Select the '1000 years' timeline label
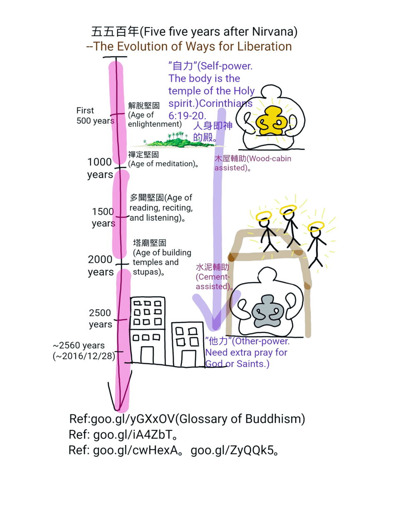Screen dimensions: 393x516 pyautogui.click(x=100, y=168)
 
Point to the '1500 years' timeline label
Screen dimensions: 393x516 pyautogui.click(x=103, y=217)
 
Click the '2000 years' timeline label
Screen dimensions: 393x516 pyautogui.click(x=101, y=266)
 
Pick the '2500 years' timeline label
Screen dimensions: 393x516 pyautogui.click(x=100, y=318)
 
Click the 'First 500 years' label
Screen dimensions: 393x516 pyautogui.click(x=95, y=116)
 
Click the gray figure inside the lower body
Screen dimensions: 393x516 pyautogui.click(x=267, y=312)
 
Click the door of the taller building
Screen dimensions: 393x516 pyautogui.click(x=147, y=355)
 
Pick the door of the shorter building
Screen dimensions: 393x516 pyautogui.click(x=189, y=358)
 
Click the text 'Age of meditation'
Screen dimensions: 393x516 pyautogui.click(x=162, y=164)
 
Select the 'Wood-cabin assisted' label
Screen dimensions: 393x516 pyautogui.click(x=253, y=163)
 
